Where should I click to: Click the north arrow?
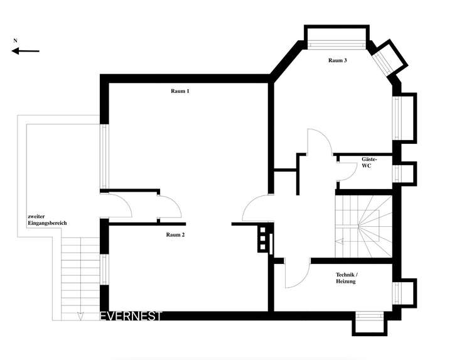click(x=25, y=52)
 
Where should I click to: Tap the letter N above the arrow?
click(x=14, y=41)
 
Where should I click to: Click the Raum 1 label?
click(x=180, y=92)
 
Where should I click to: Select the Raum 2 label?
click(x=175, y=235)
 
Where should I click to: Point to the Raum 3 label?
click(x=338, y=61)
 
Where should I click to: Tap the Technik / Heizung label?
click(x=346, y=279)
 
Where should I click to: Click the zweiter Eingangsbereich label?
click(x=47, y=220)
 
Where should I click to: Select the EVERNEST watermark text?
click(x=131, y=316)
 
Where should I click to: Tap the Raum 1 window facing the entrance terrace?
click(x=104, y=155)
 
